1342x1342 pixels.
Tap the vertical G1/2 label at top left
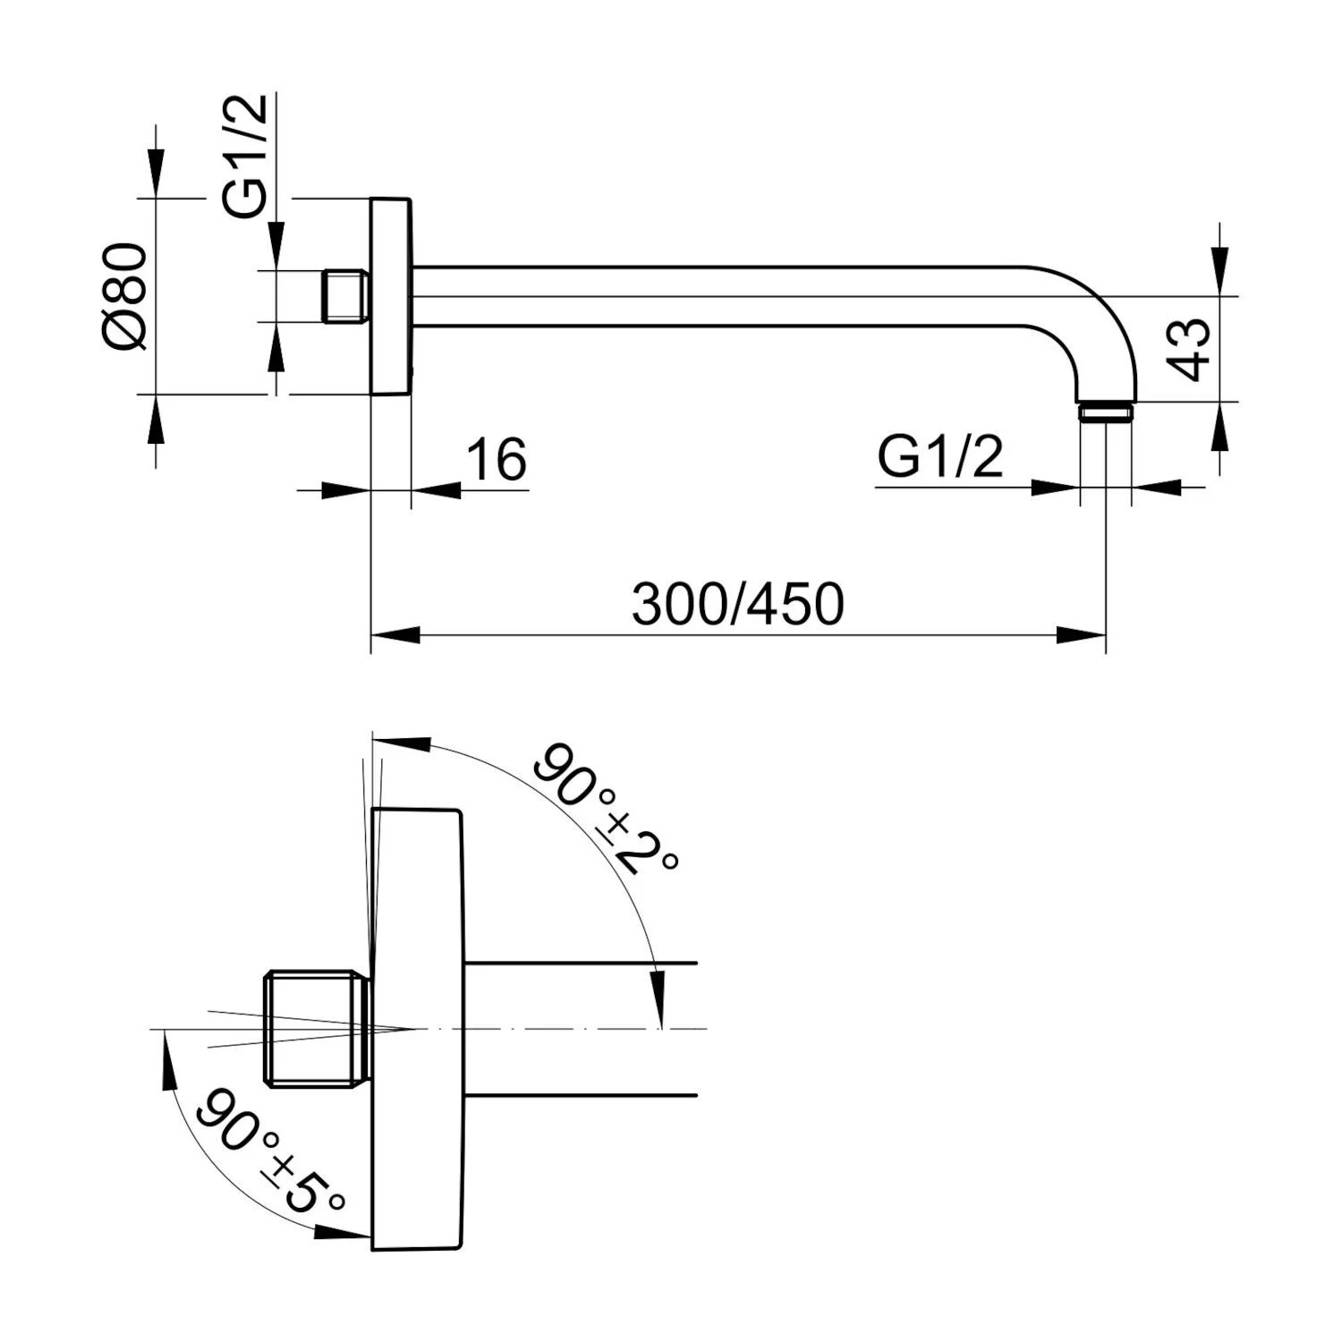pos(245,157)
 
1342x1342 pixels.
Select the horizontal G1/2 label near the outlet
pos(939,458)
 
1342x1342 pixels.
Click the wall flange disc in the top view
pos(391,296)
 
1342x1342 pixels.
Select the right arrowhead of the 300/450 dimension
pos(1082,635)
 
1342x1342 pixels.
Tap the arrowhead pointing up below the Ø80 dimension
pos(157,420)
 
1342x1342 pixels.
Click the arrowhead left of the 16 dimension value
pos(346,489)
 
